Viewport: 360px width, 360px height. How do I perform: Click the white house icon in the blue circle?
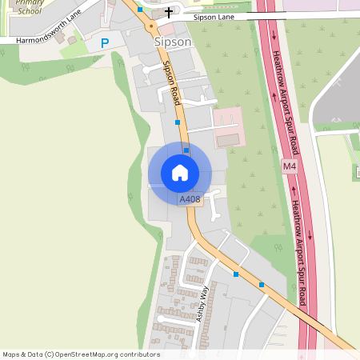point(179,172)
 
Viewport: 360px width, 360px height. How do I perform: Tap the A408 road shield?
point(190,199)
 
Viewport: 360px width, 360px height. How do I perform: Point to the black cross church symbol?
point(168,13)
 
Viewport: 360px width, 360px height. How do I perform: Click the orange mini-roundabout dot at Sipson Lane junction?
point(150,26)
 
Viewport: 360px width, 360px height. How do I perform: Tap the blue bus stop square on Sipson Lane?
point(139,10)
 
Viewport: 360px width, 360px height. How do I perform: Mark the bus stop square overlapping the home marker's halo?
point(186,150)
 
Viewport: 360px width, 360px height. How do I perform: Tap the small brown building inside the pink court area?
point(228,140)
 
